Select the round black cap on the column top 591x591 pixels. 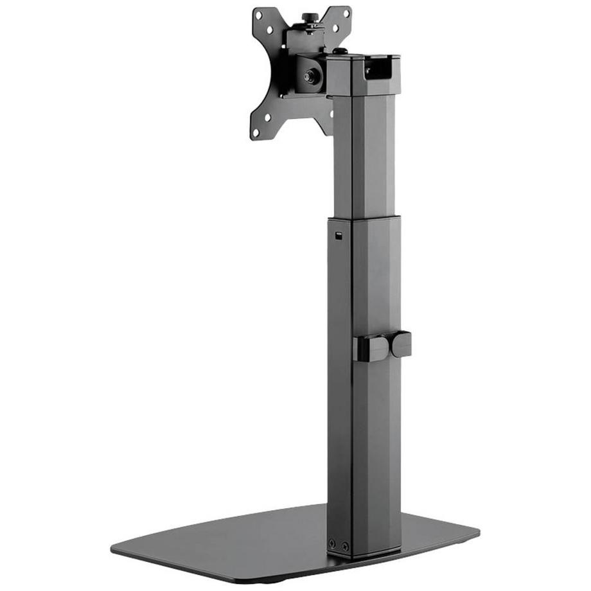pos(341,51)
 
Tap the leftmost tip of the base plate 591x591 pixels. pos(113,548)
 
